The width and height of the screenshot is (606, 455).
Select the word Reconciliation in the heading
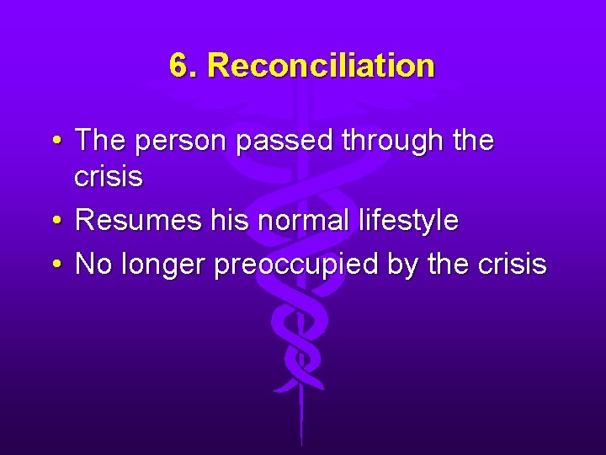click(321, 66)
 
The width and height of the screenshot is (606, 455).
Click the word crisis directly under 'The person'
click(109, 177)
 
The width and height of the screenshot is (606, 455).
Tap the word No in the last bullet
click(93, 265)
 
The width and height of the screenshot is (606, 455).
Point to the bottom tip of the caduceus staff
click(300, 443)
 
